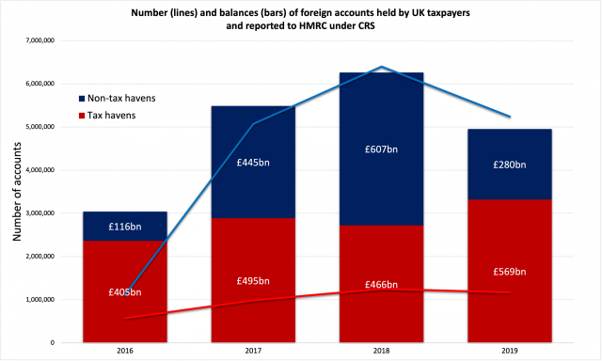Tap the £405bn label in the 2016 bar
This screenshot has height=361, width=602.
[125, 291]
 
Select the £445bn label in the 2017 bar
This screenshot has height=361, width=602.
[254, 161]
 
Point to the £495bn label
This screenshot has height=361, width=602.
[254, 281]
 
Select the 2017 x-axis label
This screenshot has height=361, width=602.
[254, 352]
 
